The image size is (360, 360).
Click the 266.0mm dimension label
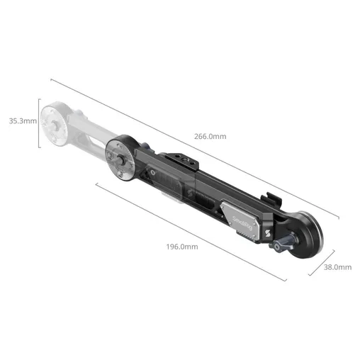tap(210, 136)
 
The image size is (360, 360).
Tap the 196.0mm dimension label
tap(182, 247)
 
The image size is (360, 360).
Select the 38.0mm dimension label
tap(337, 267)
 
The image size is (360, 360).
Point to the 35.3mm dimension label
tap(23, 121)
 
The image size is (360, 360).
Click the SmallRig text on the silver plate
tap(242, 223)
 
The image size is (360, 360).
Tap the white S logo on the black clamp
tap(267, 233)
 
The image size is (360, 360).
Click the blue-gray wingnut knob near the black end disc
tap(283, 242)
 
